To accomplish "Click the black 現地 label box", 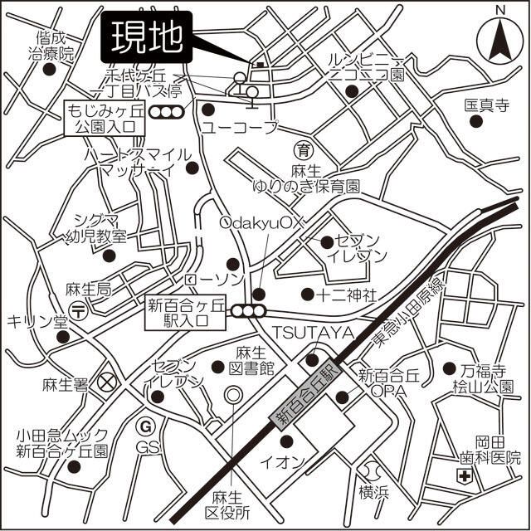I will [148, 37].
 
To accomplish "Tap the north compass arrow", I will [500, 41].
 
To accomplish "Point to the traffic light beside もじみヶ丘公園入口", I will [169, 112].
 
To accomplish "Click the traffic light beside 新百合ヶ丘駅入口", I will [248, 311].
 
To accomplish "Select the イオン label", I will [290, 460].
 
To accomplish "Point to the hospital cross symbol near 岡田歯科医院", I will [465, 476].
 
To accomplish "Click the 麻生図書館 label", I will [254, 358].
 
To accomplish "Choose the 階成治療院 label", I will [51, 46].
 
